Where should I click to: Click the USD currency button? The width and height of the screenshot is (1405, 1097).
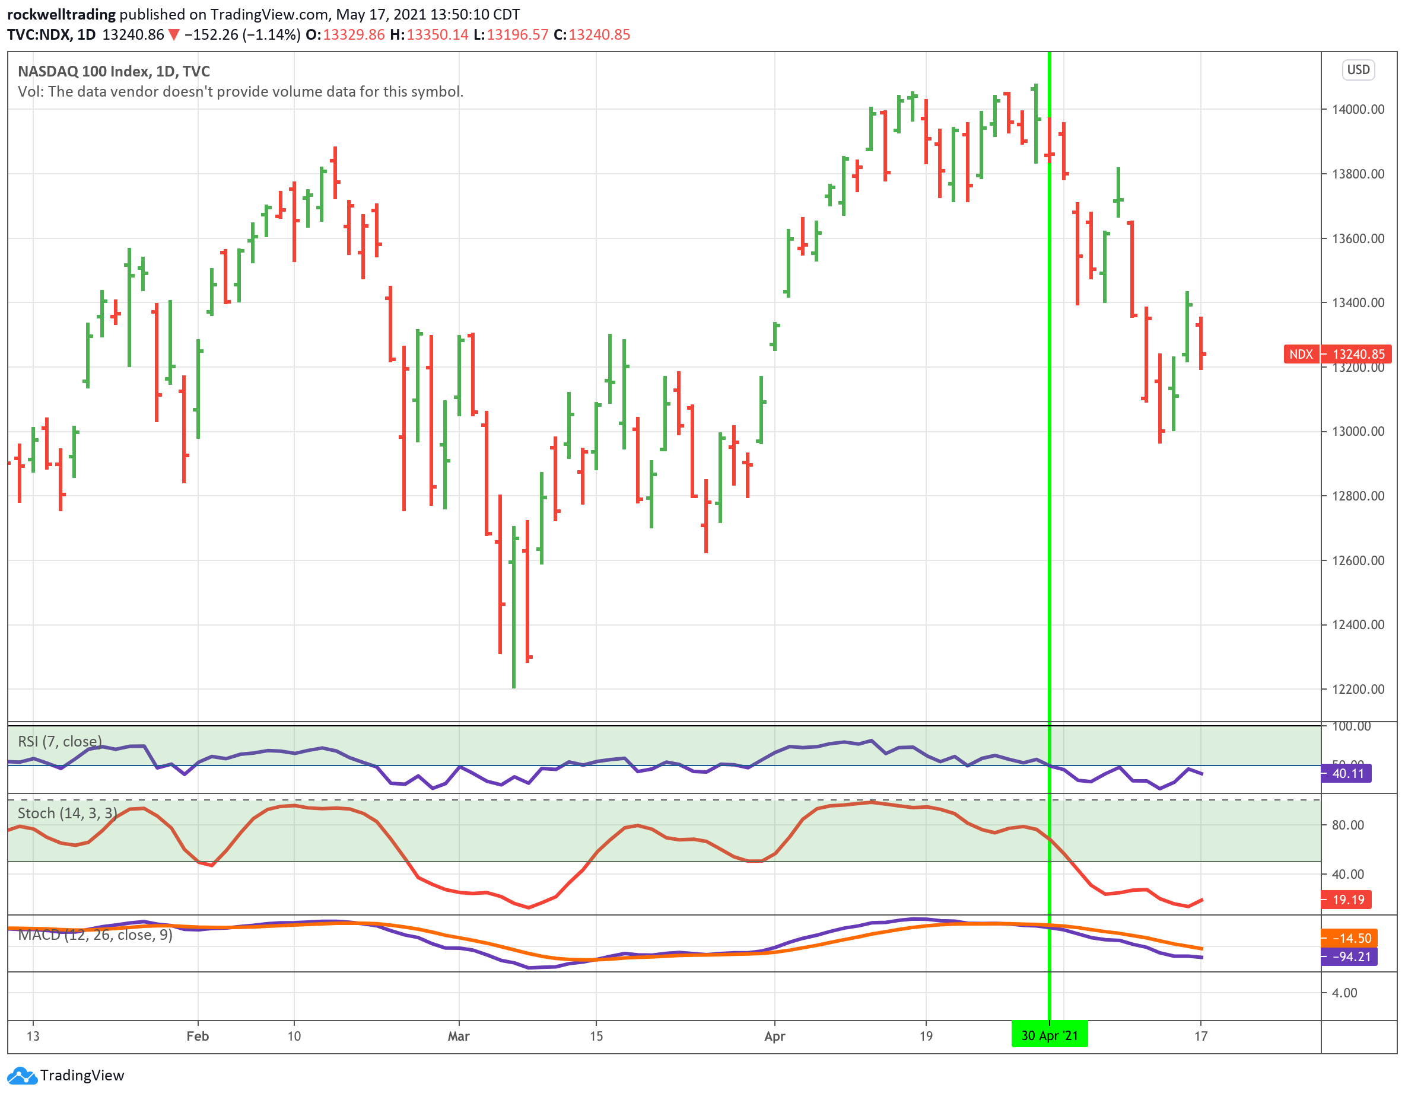pyautogui.click(x=1358, y=69)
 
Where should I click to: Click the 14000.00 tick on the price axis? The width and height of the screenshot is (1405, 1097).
pyautogui.click(x=1358, y=109)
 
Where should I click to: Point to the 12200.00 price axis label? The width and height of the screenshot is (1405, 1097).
pyautogui.click(x=1358, y=689)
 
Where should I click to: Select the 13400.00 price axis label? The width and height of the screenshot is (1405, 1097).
pyautogui.click(x=1358, y=303)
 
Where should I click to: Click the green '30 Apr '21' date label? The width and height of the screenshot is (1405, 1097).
pyautogui.click(x=1049, y=1035)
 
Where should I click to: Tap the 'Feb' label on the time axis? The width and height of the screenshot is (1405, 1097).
pyautogui.click(x=198, y=1036)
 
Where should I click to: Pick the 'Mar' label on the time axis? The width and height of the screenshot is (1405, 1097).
pyautogui.click(x=459, y=1036)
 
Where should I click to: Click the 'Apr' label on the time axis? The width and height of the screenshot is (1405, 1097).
pyautogui.click(x=774, y=1036)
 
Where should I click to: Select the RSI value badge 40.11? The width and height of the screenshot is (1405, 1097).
pyautogui.click(x=1347, y=774)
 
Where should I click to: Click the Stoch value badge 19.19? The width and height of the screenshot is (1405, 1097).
pyautogui.click(x=1347, y=900)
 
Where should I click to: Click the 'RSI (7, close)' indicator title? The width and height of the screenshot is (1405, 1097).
pyautogui.click(x=60, y=741)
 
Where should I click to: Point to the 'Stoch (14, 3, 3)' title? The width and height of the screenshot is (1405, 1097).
pyautogui.click(x=68, y=814)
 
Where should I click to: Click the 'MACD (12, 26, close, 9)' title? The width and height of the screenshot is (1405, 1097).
pyautogui.click(x=95, y=935)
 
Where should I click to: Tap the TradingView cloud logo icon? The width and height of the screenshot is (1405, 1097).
pyautogui.click(x=22, y=1075)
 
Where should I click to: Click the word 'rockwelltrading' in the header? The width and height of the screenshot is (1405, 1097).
pyautogui.click(x=61, y=14)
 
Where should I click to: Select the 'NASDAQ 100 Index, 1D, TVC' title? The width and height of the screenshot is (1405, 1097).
pyautogui.click(x=114, y=71)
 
